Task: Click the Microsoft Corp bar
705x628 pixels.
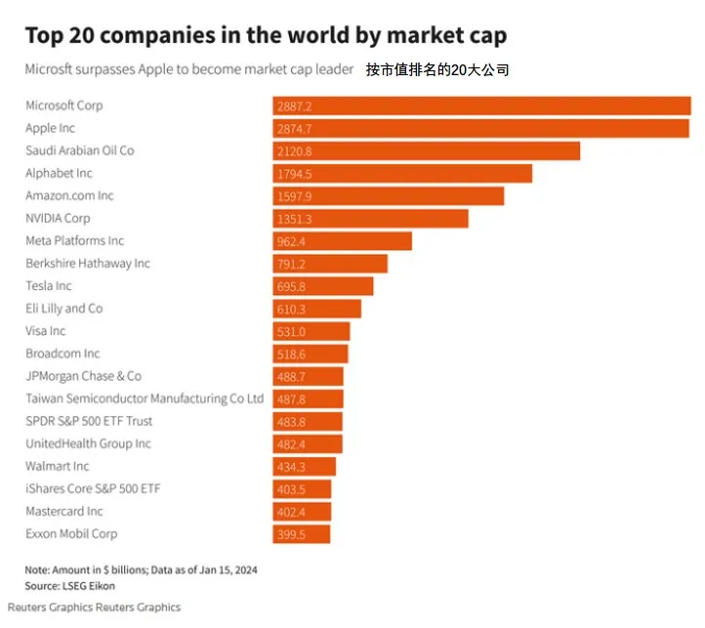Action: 481,105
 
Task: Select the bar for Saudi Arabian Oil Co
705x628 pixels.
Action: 426,150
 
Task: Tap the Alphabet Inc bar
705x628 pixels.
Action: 402,173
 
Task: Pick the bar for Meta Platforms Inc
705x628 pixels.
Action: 342,241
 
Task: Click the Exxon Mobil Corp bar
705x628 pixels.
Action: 301,534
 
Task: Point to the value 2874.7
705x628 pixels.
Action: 295,128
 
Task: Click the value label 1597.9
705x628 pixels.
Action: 295,196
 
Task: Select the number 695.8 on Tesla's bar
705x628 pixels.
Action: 292,286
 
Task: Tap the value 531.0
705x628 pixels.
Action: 291,331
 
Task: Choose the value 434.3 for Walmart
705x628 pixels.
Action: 292,467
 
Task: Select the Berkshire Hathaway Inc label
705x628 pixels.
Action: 88,264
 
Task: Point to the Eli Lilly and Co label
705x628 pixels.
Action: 63,309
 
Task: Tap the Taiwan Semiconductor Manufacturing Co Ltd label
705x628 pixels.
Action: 145,398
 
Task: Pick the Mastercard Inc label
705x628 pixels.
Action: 63,512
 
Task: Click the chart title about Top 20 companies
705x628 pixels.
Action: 266,36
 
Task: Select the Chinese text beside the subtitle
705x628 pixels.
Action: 437,70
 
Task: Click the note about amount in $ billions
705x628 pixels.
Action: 141,569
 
